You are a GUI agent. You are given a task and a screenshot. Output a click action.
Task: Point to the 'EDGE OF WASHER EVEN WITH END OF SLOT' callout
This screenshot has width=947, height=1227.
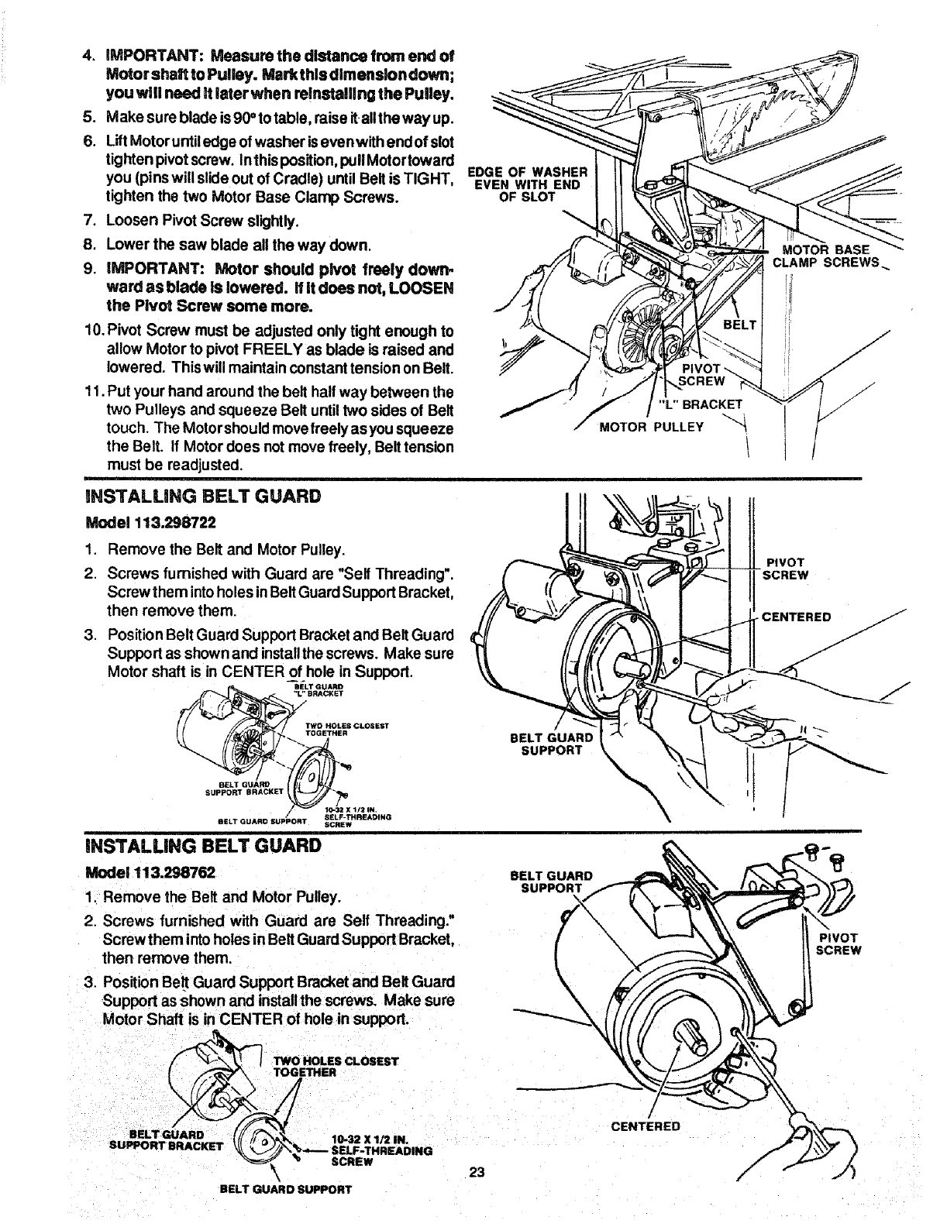tap(529, 184)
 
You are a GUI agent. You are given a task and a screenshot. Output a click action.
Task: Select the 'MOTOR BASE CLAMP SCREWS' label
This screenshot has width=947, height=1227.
tap(826, 256)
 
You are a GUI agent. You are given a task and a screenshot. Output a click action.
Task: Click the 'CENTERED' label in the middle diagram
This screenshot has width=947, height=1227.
tap(796, 617)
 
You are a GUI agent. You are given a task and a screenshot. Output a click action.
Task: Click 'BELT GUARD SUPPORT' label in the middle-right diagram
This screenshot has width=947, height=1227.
tap(551, 744)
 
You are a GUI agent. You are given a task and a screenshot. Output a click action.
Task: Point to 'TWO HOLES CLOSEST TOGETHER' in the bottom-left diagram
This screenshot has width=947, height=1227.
tap(335, 1067)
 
